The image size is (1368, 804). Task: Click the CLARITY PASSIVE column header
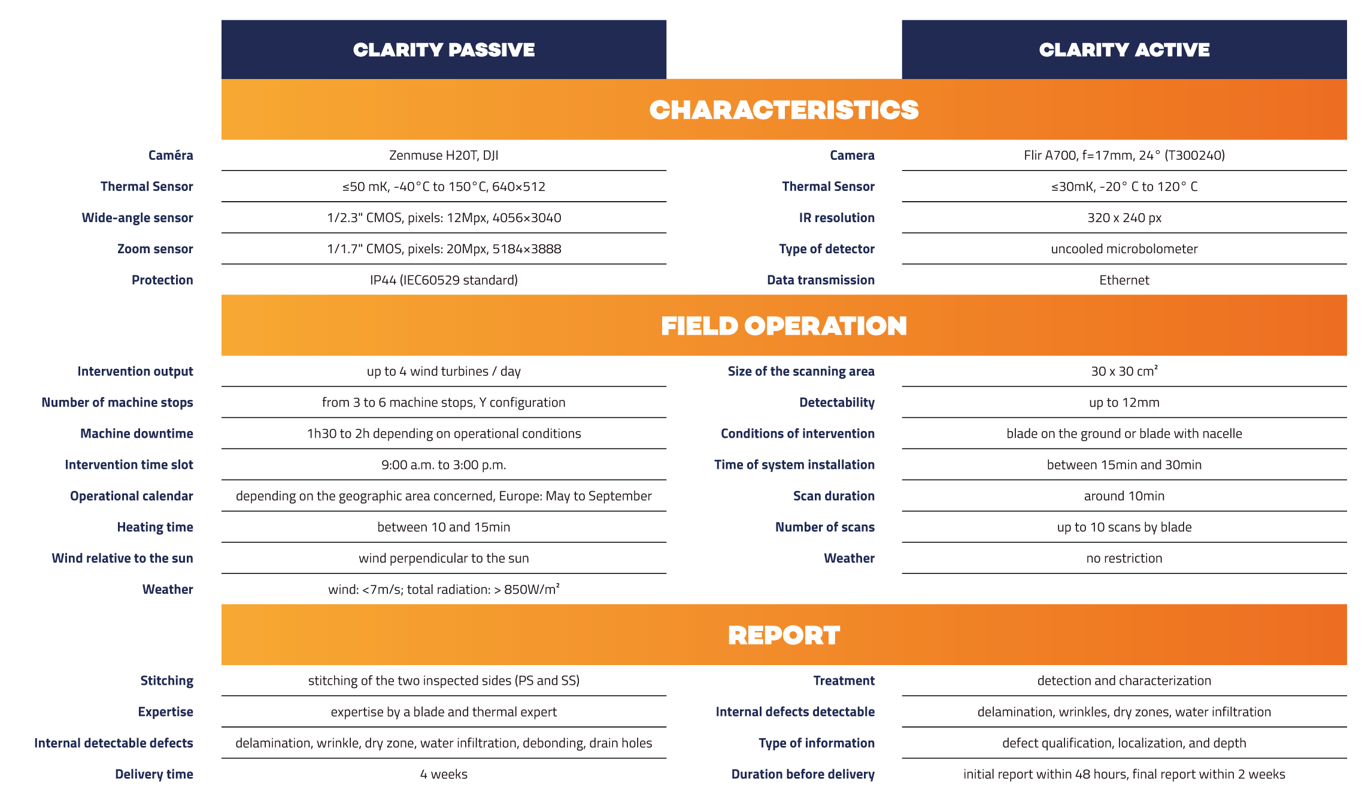click(x=444, y=50)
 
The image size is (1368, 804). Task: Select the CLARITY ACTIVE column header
click(x=1124, y=50)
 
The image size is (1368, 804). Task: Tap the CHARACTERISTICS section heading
click(x=784, y=110)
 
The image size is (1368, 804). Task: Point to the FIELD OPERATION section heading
click(x=784, y=326)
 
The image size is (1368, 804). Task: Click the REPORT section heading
click(x=784, y=635)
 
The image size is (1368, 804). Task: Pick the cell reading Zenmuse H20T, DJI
click(x=444, y=156)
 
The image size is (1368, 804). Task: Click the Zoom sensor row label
click(x=155, y=249)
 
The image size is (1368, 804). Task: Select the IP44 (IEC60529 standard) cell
click(x=444, y=280)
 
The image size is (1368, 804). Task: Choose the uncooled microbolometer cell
click(x=1124, y=249)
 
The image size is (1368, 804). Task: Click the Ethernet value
click(x=1124, y=280)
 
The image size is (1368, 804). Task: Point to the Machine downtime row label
click(x=137, y=433)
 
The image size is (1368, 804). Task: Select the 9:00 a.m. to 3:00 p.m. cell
click(x=444, y=465)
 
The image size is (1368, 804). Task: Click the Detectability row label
click(x=836, y=402)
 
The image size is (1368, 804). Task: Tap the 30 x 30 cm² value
click(x=1124, y=371)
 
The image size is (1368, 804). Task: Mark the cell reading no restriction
click(x=1124, y=558)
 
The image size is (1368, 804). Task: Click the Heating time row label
click(x=155, y=527)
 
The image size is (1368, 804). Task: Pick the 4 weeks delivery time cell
click(x=444, y=774)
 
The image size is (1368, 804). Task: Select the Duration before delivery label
click(x=802, y=774)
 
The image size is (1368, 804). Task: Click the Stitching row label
click(x=166, y=681)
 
